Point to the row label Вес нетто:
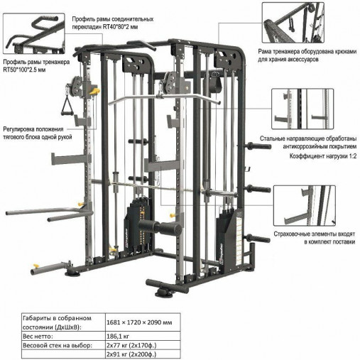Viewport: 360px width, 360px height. pos(38,336)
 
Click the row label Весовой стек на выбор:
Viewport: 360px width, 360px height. pos(58,345)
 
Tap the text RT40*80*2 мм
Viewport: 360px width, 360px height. pos(120,27)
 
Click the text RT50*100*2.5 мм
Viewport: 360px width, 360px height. pos(24,70)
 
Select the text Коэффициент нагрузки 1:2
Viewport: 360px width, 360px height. pos(323,156)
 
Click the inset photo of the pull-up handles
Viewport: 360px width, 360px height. pos(34,33)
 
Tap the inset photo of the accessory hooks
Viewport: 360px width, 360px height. pos(293,23)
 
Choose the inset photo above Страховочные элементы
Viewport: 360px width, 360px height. pos(305,205)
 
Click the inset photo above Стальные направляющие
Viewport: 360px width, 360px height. pos(302,109)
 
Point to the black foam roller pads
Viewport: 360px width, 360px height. pos(160,227)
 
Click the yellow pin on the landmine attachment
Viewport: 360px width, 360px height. pos(36,266)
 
